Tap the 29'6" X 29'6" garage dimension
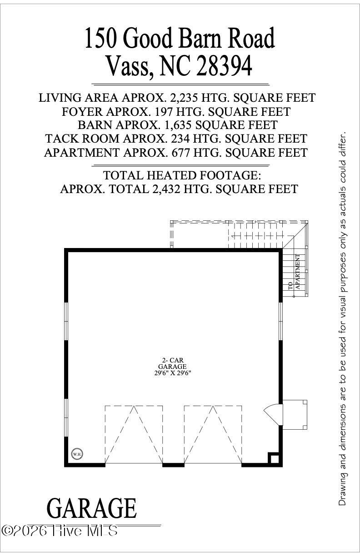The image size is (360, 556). pos(172,373)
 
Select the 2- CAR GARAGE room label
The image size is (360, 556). pos(172,363)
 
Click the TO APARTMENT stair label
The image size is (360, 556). pos(294,272)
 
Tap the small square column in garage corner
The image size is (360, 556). pos(274,458)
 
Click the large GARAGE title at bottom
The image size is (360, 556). pos(92,508)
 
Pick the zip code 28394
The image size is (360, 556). pos(225,66)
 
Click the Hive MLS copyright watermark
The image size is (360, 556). pos(60,530)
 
